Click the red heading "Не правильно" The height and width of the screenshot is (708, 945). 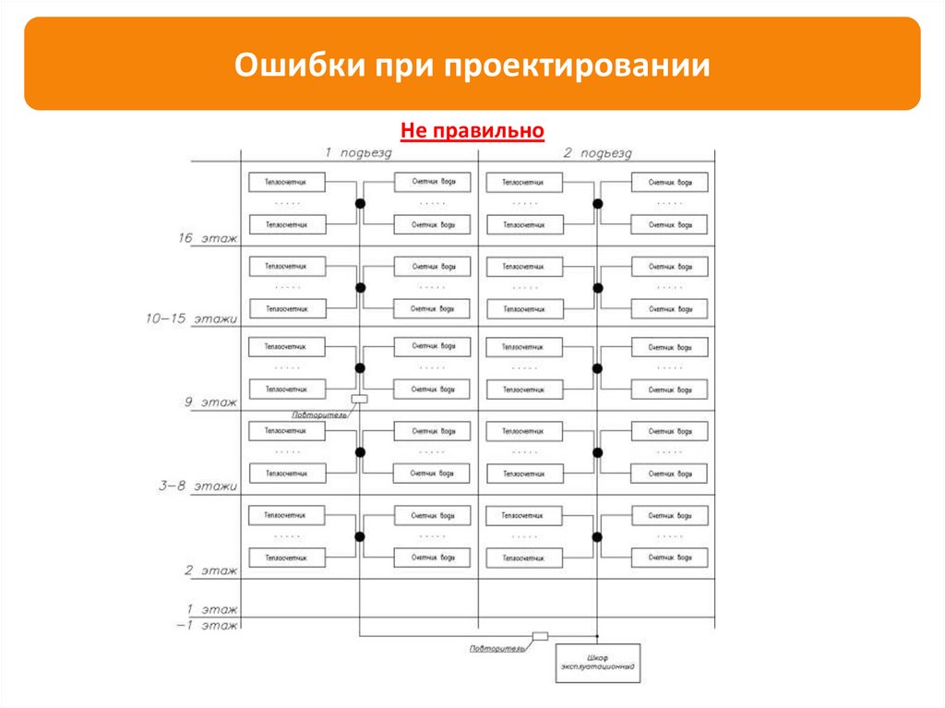click(472, 132)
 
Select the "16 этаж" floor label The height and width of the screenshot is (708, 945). click(208, 238)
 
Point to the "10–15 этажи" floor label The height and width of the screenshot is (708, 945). click(191, 318)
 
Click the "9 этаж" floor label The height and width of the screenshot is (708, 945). click(209, 402)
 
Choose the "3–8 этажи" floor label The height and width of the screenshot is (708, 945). click(197, 486)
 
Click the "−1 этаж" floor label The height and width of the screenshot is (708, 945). click(208, 625)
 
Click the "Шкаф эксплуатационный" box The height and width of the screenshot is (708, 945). click(598, 663)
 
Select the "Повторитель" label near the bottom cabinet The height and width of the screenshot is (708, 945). click(496, 648)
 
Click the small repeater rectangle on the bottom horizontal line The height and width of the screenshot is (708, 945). click(540, 636)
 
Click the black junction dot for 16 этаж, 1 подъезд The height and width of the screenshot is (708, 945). click(361, 203)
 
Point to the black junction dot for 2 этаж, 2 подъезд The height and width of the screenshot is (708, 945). click(597, 536)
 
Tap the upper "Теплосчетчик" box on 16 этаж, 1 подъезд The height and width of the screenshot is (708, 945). click(287, 182)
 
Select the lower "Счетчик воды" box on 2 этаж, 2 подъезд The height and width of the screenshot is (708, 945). click(669, 558)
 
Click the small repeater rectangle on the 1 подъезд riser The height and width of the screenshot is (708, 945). click(359, 399)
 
